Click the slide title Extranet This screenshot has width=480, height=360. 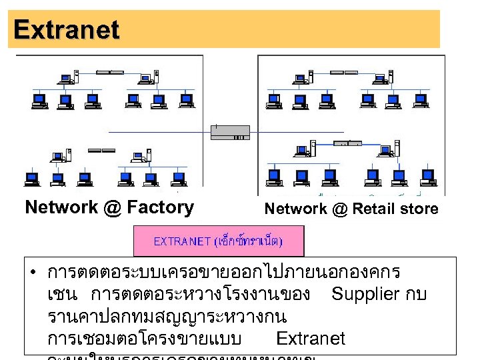tap(66, 29)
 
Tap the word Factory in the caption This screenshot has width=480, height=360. tap(159, 207)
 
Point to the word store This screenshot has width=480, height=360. tap(421, 209)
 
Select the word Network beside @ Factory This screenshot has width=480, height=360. tap(61, 207)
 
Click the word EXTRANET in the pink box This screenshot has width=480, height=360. tap(181, 241)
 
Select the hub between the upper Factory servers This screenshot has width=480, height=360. tap(110, 71)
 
